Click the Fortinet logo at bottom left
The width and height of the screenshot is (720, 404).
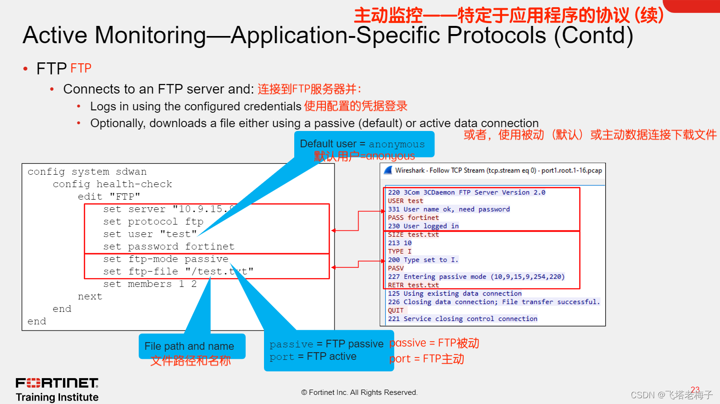click(57, 383)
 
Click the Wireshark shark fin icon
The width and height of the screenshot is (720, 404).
click(388, 170)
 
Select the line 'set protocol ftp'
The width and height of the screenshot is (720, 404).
click(153, 222)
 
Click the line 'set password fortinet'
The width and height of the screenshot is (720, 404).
click(168, 247)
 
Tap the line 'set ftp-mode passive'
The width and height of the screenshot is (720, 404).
click(166, 259)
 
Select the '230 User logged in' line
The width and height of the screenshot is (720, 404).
click(423, 226)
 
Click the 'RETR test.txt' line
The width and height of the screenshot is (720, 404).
click(413, 285)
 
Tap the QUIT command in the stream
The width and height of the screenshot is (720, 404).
click(396, 310)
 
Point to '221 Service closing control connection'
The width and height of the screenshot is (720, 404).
click(463, 319)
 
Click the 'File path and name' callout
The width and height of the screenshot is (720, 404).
click(189, 346)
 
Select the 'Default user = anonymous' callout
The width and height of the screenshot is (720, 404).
click(362, 144)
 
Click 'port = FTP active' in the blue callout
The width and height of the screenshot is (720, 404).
click(313, 356)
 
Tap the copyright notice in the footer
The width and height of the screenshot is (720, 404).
click(360, 392)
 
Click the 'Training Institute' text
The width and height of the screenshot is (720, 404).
click(57, 397)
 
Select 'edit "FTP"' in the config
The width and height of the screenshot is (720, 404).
click(109, 197)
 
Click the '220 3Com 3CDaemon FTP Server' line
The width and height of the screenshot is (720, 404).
click(467, 192)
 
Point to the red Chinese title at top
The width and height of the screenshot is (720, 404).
click(509, 15)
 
